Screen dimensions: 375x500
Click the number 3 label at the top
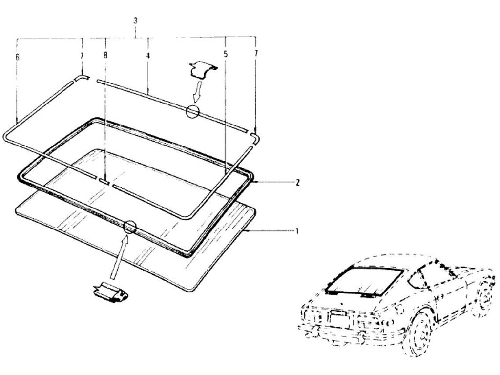pyautogui.click(x=135, y=21)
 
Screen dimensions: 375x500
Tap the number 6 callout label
pyautogui.click(x=17, y=57)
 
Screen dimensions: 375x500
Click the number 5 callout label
pyautogui.click(x=225, y=54)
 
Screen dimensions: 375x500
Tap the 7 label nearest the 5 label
pyautogui.click(x=256, y=52)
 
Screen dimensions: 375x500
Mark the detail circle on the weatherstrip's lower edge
pyautogui.click(x=130, y=227)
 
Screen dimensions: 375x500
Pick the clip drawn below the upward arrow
pyautogui.click(x=110, y=292)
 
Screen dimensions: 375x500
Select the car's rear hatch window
pyautogui.click(x=365, y=280)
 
